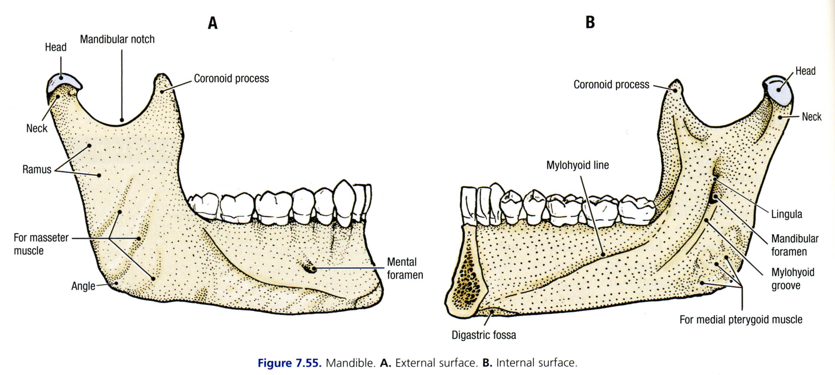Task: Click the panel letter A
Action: [x=213, y=23]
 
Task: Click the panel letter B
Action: [x=590, y=22]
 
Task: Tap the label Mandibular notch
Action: [x=117, y=39]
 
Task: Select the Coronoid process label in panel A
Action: [x=231, y=79]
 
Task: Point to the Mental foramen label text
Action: [x=405, y=268]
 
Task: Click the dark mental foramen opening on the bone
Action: [x=309, y=268]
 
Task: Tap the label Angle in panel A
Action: [x=83, y=286]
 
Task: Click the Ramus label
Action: [x=37, y=170]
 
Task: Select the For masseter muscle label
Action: [x=41, y=244]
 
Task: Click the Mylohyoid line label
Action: [x=578, y=165]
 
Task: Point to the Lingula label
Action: [x=787, y=214]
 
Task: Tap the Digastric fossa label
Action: [x=484, y=335]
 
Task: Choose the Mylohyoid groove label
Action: [x=793, y=279]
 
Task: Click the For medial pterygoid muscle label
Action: [x=741, y=320]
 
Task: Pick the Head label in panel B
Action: [x=805, y=71]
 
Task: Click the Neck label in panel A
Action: [x=37, y=128]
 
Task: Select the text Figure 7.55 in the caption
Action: [x=288, y=363]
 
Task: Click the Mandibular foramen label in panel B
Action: [x=795, y=245]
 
